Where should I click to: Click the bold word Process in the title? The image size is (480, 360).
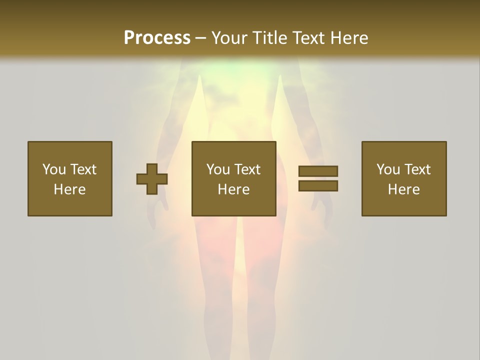tap(157, 38)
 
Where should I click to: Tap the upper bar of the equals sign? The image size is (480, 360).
tap(318, 171)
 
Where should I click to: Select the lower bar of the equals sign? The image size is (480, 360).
tap(318, 186)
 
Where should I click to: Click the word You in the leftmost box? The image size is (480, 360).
tap(54, 169)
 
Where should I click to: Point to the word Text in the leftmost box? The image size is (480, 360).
tap(83, 169)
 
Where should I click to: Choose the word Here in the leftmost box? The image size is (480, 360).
tap(69, 189)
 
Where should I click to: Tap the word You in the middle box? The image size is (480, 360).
tap(218, 169)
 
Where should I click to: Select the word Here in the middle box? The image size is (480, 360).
tap(233, 189)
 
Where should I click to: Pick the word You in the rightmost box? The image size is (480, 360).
tap(388, 169)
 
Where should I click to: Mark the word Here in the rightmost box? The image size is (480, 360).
tap(403, 189)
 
